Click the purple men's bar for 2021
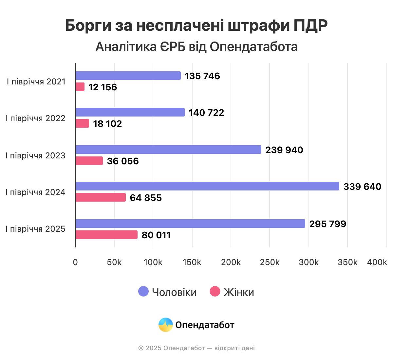pos(128,76)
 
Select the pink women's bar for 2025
pos(106,235)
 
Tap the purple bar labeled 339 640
pos(207,186)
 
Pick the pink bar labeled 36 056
pos(89,161)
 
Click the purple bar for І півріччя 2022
pos(130,112)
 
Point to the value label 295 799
pos(327,224)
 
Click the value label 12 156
pos(103,87)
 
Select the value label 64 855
pos(146,198)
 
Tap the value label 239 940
pos(284,150)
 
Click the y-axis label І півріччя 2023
pos(35,155)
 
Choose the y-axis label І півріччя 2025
pos(35,229)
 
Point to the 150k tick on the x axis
pos(192,262)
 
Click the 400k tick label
pos(377,262)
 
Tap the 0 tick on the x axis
pos(75,262)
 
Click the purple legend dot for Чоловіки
pos(143,291)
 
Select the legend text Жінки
pos(239,292)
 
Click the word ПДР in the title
pos(310,26)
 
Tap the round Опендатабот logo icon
pos(165,325)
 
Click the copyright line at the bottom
pos(196,348)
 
